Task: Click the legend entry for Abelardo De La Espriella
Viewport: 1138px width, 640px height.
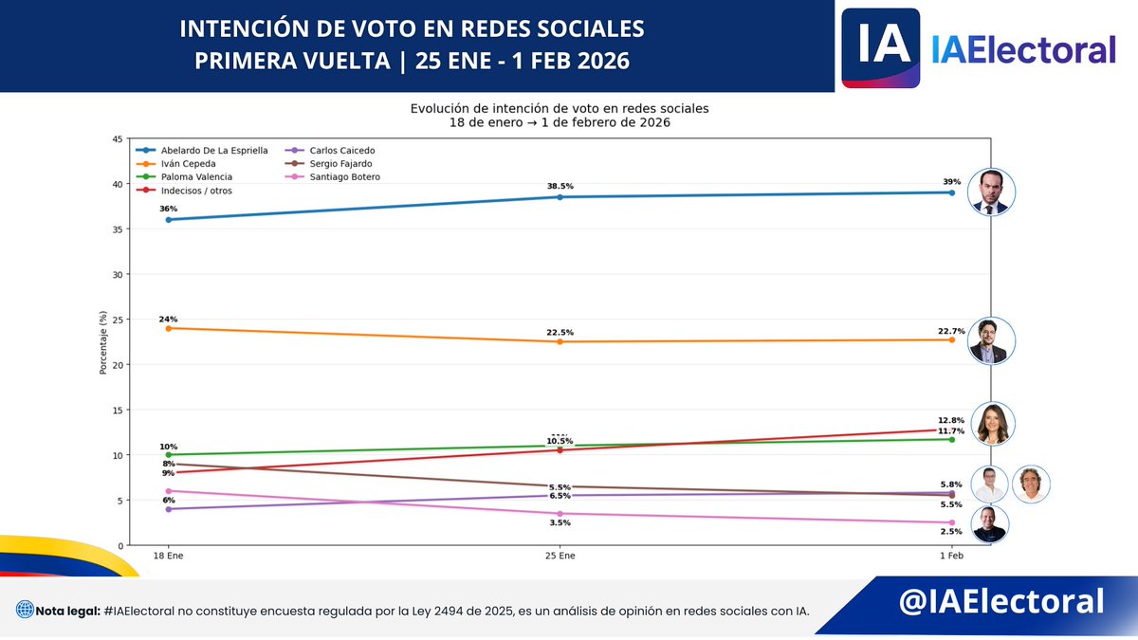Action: click(214, 151)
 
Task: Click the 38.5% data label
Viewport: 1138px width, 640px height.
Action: click(560, 187)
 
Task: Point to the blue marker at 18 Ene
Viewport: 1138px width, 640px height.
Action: click(168, 220)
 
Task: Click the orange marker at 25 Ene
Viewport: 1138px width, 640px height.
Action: click(560, 341)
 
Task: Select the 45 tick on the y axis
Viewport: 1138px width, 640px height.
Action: click(117, 139)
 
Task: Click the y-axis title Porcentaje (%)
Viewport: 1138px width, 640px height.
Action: click(102, 342)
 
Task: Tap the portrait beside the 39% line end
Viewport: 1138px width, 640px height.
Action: click(991, 193)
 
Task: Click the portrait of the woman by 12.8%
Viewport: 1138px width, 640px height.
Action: click(992, 425)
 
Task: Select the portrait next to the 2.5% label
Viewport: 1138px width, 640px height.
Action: click(989, 524)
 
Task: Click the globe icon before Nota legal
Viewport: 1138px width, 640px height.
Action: click(25, 610)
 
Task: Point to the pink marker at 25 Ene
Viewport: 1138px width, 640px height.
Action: click(560, 514)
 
